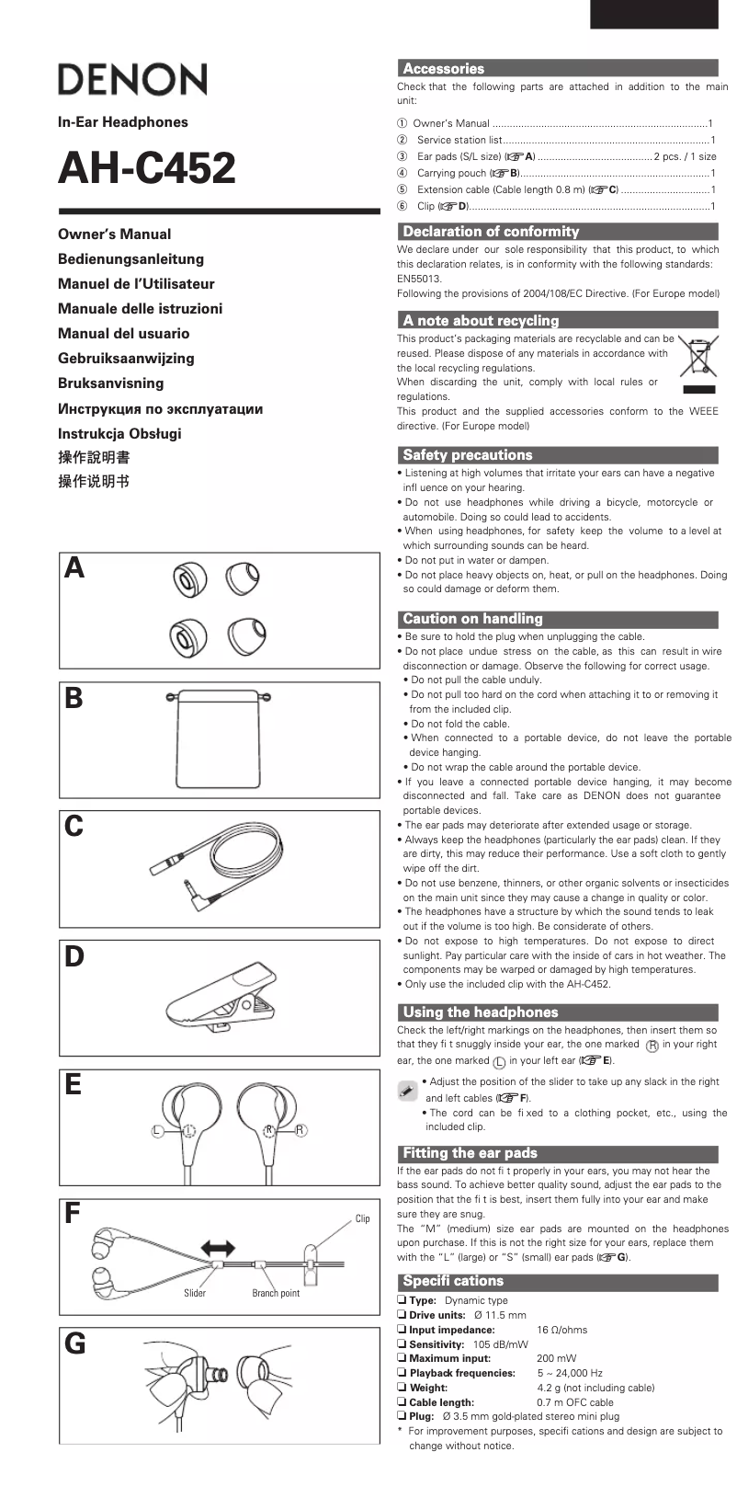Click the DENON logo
click(x=132, y=80)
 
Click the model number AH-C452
click(x=147, y=168)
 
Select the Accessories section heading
click(x=444, y=69)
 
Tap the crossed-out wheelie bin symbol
click(x=699, y=359)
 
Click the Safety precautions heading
click(x=468, y=455)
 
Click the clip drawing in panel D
click(x=221, y=997)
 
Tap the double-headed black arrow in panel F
click(x=218, y=1248)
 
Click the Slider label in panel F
click(x=195, y=1293)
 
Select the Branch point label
click(x=276, y=1293)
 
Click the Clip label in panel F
click(x=362, y=1218)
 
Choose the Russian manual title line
click(x=161, y=408)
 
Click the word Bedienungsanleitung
click(x=130, y=259)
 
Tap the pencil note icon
click(x=408, y=1090)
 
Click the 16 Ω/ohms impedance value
click(x=561, y=1330)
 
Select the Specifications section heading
click(x=453, y=1281)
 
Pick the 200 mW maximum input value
click(x=557, y=1358)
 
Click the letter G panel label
click(x=75, y=1345)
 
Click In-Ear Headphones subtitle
click(x=122, y=122)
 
